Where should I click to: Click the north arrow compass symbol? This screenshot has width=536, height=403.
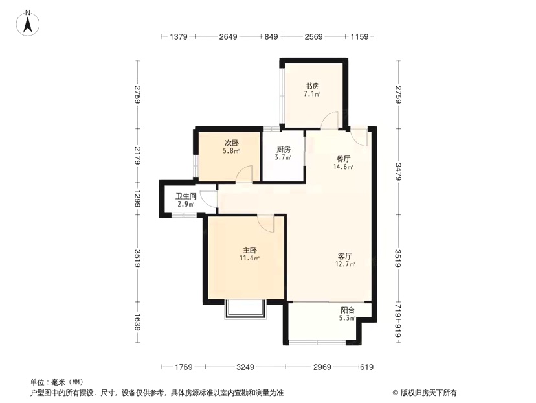click(28, 23)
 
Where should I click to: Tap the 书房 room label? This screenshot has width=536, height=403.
click(312, 86)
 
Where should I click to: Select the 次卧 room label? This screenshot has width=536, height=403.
click(231, 143)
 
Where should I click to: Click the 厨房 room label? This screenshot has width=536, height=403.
click(284, 150)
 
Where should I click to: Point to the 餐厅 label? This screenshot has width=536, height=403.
click(343, 159)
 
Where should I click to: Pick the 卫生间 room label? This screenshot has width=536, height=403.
click(186, 196)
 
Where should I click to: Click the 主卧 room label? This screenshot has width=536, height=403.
click(250, 250)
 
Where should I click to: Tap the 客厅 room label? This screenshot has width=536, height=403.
click(345, 256)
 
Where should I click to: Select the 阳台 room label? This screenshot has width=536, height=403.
click(348, 310)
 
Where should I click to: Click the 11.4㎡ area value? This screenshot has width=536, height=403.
click(249, 259)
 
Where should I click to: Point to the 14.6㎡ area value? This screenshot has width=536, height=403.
click(343, 167)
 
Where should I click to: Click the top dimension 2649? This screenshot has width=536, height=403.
click(228, 36)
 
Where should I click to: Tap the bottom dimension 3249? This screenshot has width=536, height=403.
click(245, 367)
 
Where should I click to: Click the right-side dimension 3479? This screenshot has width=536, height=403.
click(398, 172)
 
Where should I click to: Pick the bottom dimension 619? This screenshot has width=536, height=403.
click(367, 367)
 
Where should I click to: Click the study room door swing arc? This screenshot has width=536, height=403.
click(328, 118)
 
